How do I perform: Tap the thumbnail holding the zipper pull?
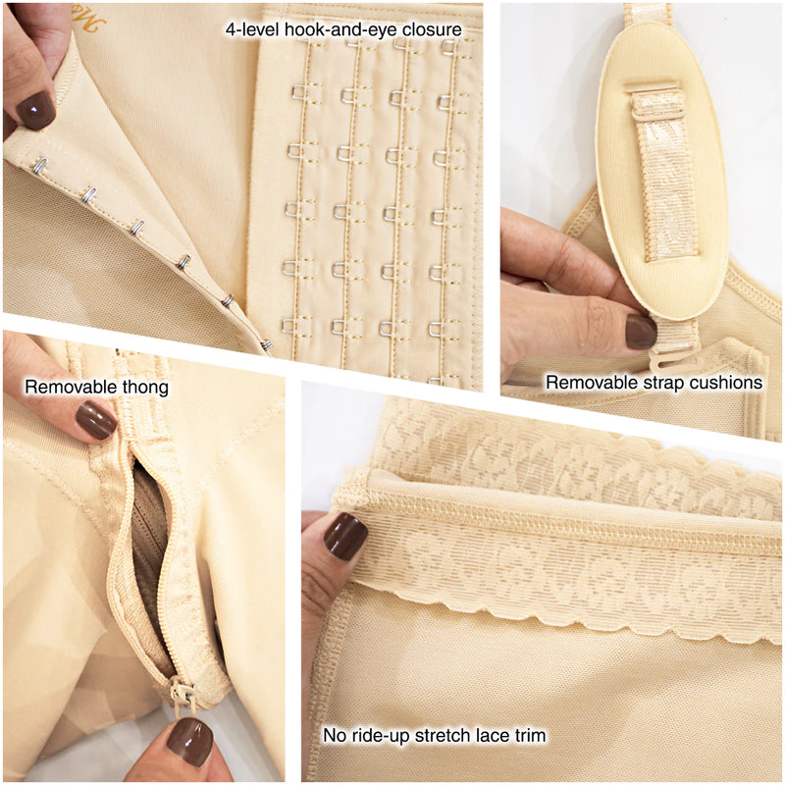click(x=189, y=742)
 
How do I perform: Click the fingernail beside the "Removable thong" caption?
click(x=96, y=421)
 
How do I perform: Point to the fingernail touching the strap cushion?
click(x=641, y=332)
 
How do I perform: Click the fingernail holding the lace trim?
click(x=345, y=536)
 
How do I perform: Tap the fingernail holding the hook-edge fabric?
click(x=35, y=111)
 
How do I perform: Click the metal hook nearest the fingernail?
click(x=40, y=165)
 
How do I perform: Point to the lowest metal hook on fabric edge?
click(x=267, y=344)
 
